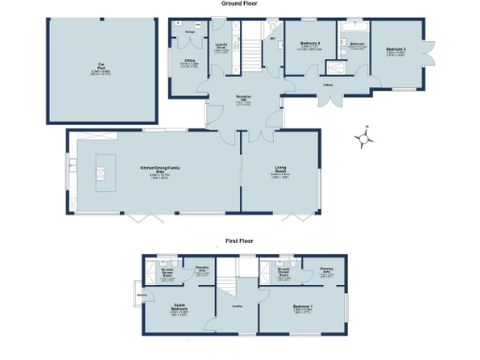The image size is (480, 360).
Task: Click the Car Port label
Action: (100, 66)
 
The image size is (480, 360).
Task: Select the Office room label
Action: (188, 63)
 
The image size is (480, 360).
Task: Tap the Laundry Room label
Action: (221, 48)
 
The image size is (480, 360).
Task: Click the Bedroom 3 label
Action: (395, 51)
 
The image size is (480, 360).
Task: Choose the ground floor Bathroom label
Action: (356, 44)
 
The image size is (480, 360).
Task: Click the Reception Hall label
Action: (244, 98)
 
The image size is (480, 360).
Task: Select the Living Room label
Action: (279, 171)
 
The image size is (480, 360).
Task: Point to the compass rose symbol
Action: (366, 139)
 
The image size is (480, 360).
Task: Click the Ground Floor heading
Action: (239, 4)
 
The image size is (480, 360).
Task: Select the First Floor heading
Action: (239, 241)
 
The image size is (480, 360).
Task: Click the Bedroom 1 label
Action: (302, 308)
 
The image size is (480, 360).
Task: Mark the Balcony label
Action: (142, 295)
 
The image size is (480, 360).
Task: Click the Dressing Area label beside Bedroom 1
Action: (326, 272)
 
